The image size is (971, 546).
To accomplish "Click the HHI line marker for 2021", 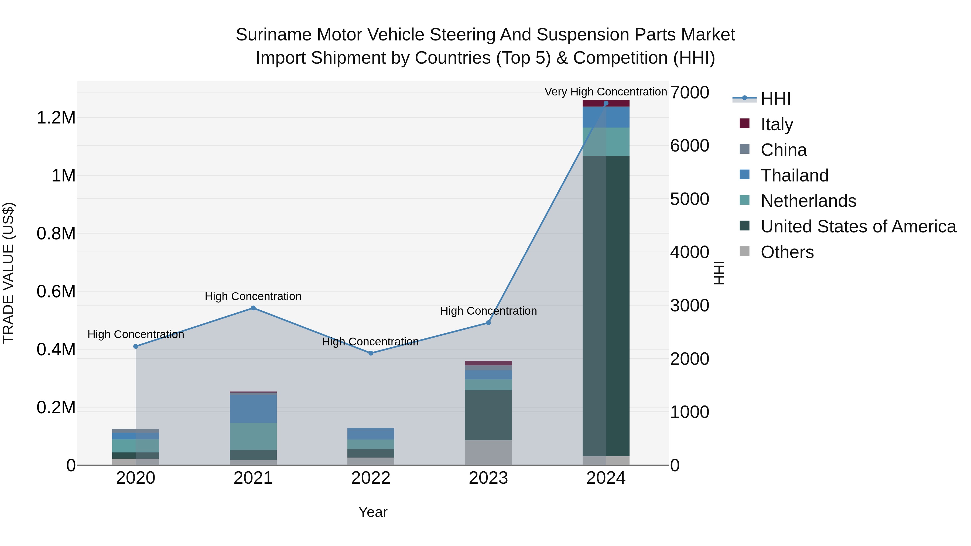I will click(253, 308).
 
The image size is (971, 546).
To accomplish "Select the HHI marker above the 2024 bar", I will click(606, 103).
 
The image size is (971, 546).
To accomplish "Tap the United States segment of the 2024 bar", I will click(606, 305).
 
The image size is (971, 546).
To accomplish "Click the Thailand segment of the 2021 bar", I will click(253, 408).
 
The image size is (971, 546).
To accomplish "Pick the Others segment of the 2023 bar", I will click(488, 452).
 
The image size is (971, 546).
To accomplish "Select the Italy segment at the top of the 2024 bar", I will click(606, 103).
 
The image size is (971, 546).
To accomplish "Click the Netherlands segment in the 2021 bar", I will click(253, 436).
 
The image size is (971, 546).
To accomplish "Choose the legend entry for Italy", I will click(777, 124).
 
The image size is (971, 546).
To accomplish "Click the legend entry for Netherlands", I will click(808, 201).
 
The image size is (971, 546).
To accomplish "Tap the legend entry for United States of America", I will click(858, 226).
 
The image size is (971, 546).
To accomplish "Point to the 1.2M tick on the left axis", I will click(56, 118).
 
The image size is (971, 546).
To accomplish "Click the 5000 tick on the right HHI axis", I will click(689, 199).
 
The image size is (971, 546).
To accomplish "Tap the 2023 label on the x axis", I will click(488, 478).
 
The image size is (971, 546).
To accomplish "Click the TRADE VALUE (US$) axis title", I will click(8, 273).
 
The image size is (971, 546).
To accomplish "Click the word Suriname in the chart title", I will click(273, 35).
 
